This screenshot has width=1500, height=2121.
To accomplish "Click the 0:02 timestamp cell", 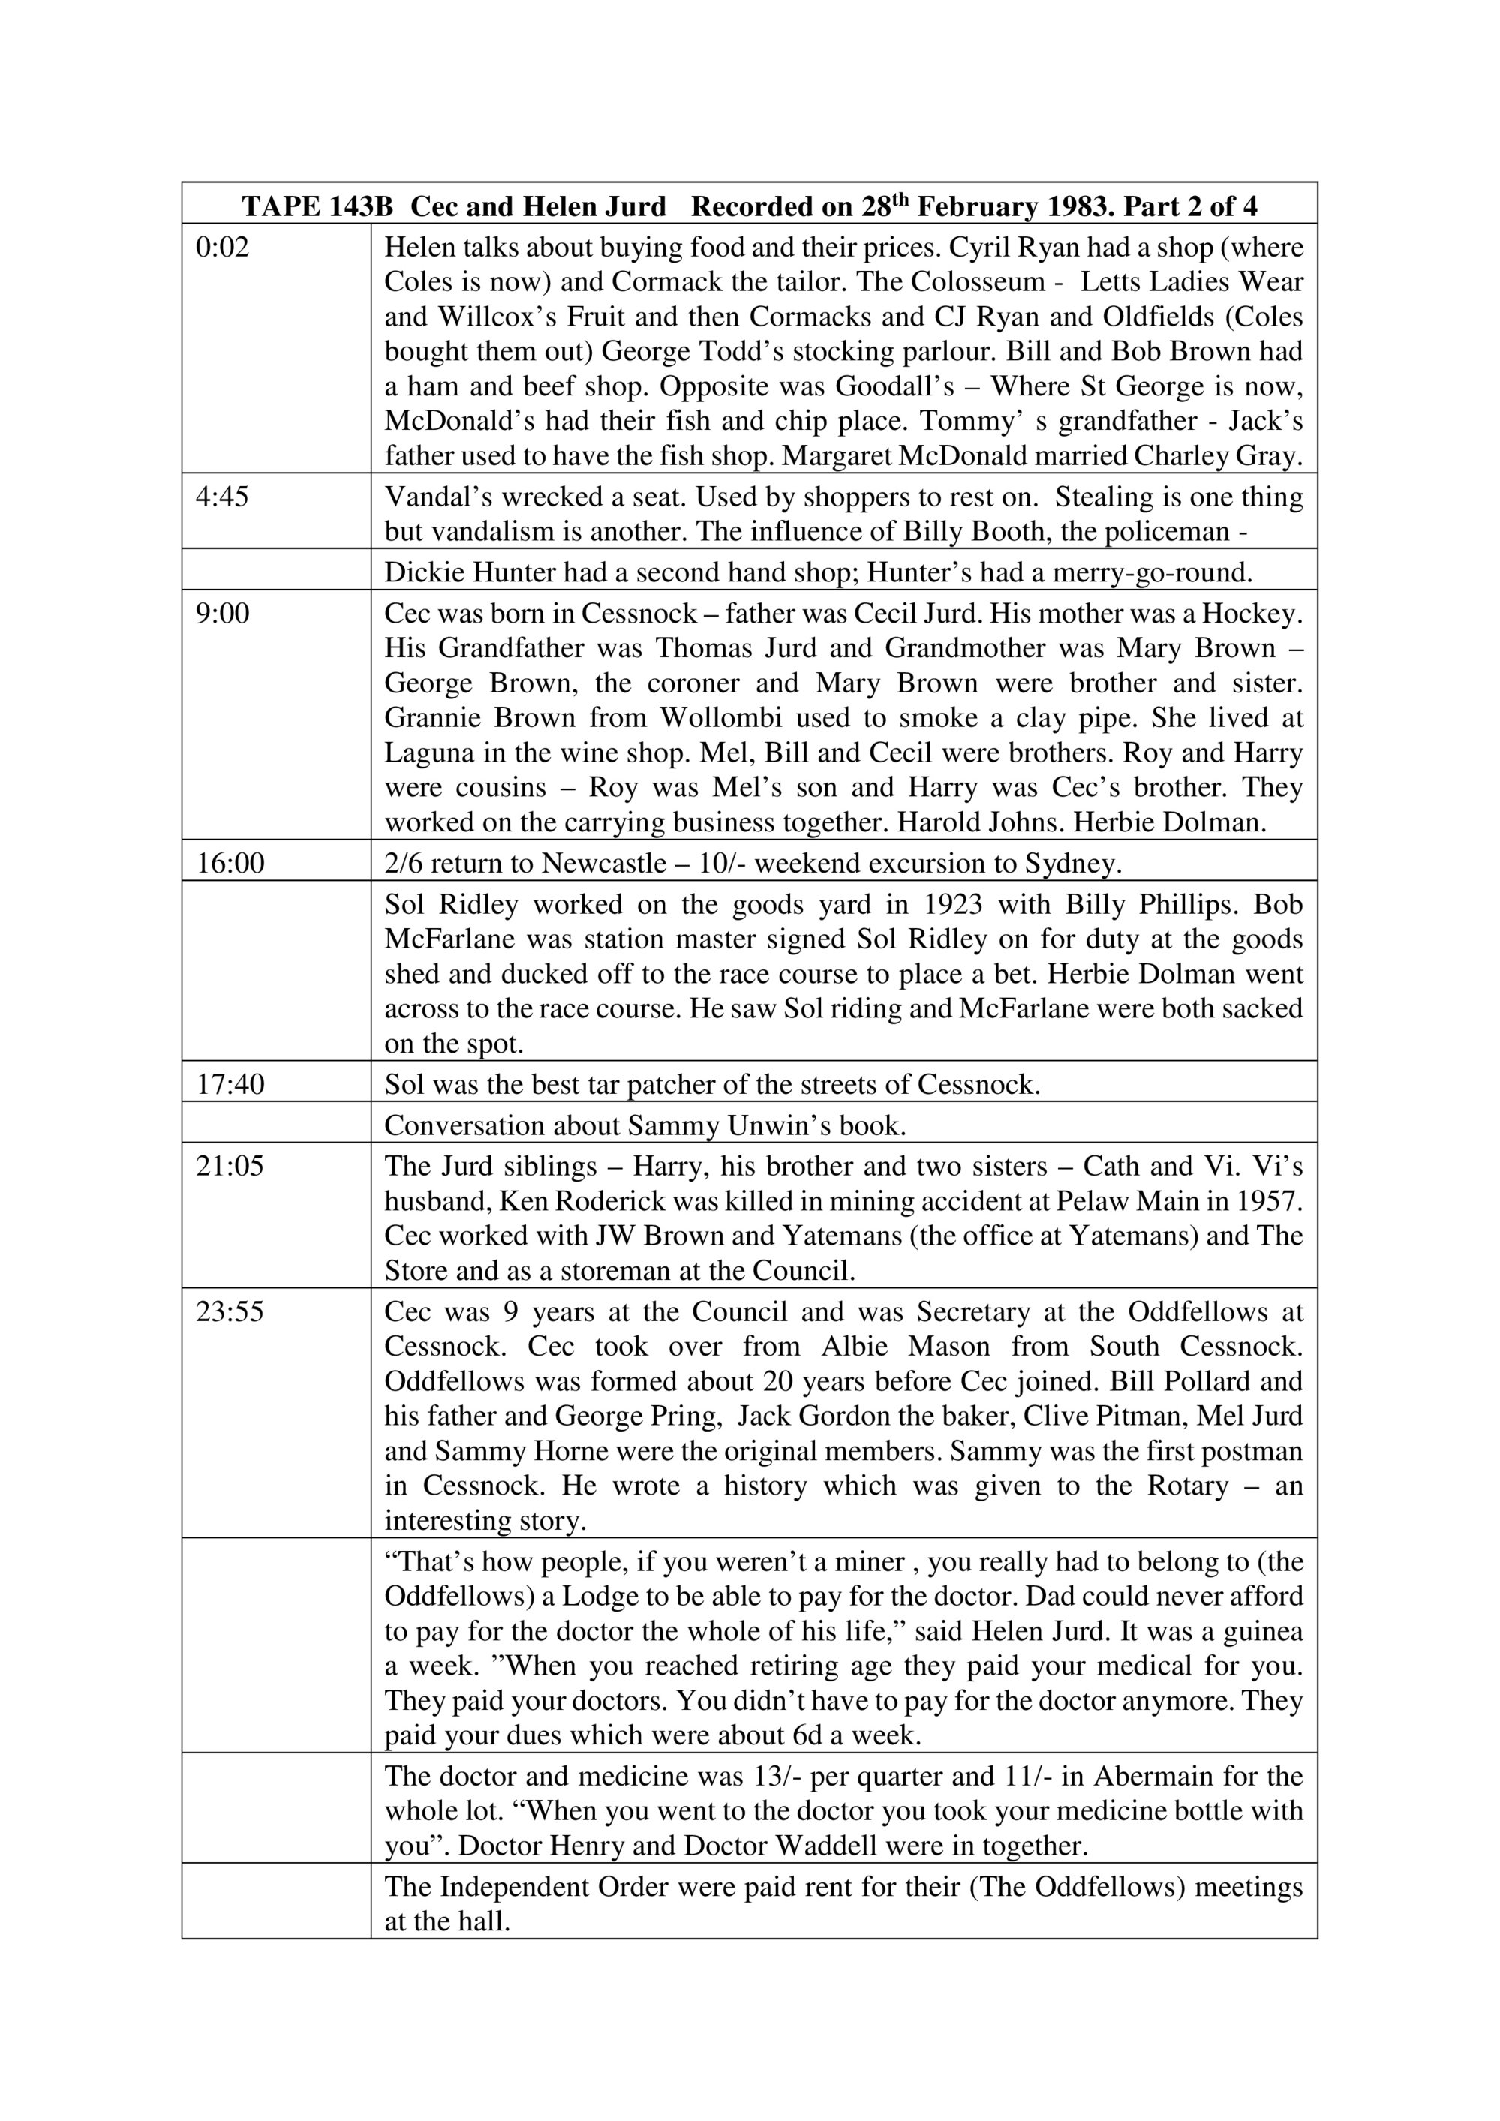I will pyautogui.click(x=223, y=248).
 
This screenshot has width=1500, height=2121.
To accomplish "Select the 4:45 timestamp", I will pyautogui.click(x=223, y=497).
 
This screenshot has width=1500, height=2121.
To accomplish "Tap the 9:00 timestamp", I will pyautogui.click(x=223, y=614).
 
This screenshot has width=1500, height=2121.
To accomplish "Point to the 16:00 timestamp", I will pyautogui.click(x=230, y=863).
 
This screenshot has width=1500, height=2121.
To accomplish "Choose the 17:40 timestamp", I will pyautogui.click(x=230, y=1083).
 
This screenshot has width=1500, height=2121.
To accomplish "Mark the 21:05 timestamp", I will pyautogui.click(x=230, y=1166).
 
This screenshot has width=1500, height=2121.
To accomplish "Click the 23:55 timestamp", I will pyautogui.click(x=230, y=1311).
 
